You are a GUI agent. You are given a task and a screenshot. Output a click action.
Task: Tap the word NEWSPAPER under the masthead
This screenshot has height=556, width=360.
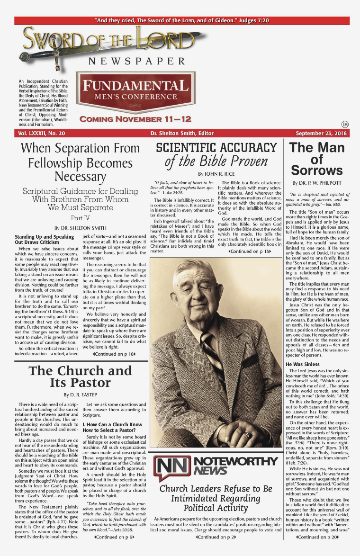pos(137,61)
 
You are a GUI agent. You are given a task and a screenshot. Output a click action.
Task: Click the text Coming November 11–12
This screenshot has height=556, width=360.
pos(128,119)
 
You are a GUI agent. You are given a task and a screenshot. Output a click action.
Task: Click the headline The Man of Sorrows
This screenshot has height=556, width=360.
pos(317,159)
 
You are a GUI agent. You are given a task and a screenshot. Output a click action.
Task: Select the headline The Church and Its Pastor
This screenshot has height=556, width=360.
pos(80,377)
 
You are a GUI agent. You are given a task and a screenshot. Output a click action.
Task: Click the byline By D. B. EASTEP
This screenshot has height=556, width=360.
pos(80,395)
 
